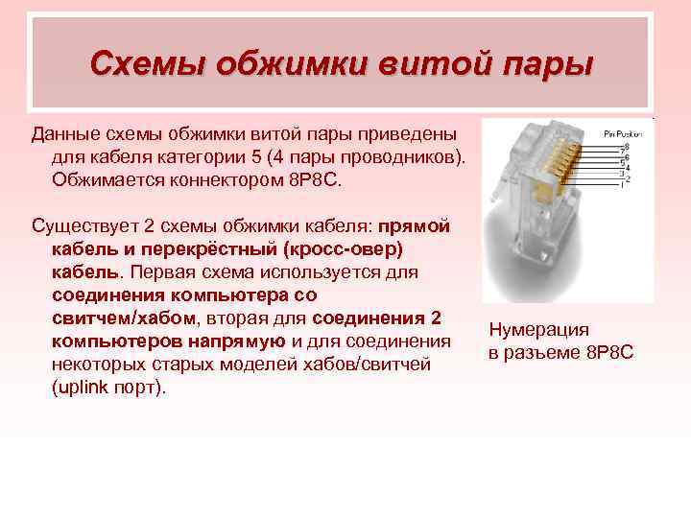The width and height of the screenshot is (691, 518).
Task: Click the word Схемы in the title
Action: pyautogui.click(x=147, y=64)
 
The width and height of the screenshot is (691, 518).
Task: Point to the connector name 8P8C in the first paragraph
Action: pyautogui.click(x=319, y=178)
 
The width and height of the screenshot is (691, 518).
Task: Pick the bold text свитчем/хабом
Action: pyautogui.click(x=124, y=318)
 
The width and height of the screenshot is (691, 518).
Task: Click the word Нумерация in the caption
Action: pyautogui.click(x=538, y=330)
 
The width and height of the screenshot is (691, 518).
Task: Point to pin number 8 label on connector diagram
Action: pyautogui.click(x=627, y=146)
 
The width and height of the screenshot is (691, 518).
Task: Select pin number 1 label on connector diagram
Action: pyautogui.click(x=623, y=184)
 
